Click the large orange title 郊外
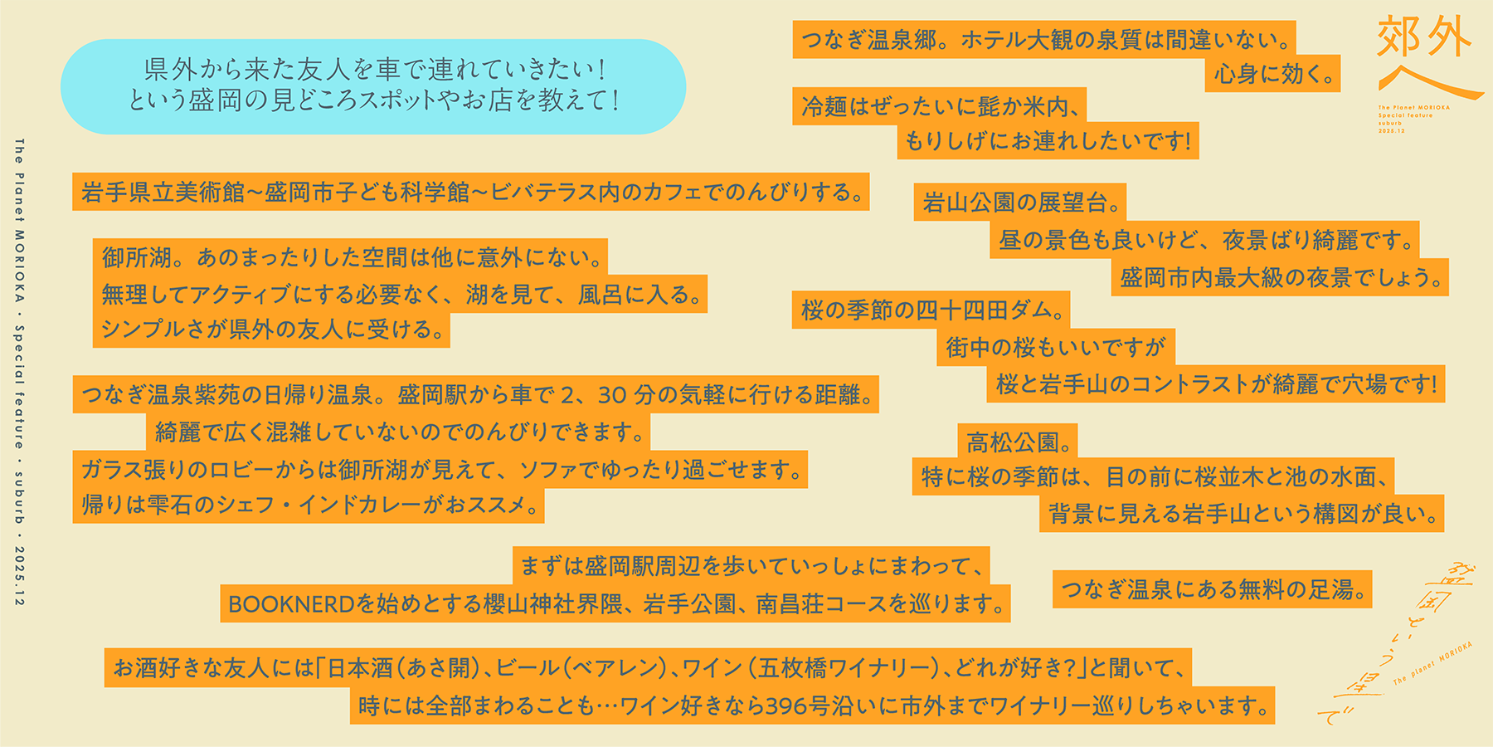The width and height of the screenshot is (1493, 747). (1424, 38)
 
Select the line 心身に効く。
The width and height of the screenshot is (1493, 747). (1273, 75)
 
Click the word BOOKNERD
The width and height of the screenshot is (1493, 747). (291, 604)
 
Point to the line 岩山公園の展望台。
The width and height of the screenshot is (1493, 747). (1020, 203)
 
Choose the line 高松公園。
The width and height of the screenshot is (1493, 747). (1019, 442)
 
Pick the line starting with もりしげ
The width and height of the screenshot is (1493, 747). (1048, 141)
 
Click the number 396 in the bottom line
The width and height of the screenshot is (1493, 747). (786, 706)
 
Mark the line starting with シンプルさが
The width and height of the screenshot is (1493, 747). (272, 330)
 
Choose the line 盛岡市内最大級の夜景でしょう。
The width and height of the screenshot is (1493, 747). (1280, 278)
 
